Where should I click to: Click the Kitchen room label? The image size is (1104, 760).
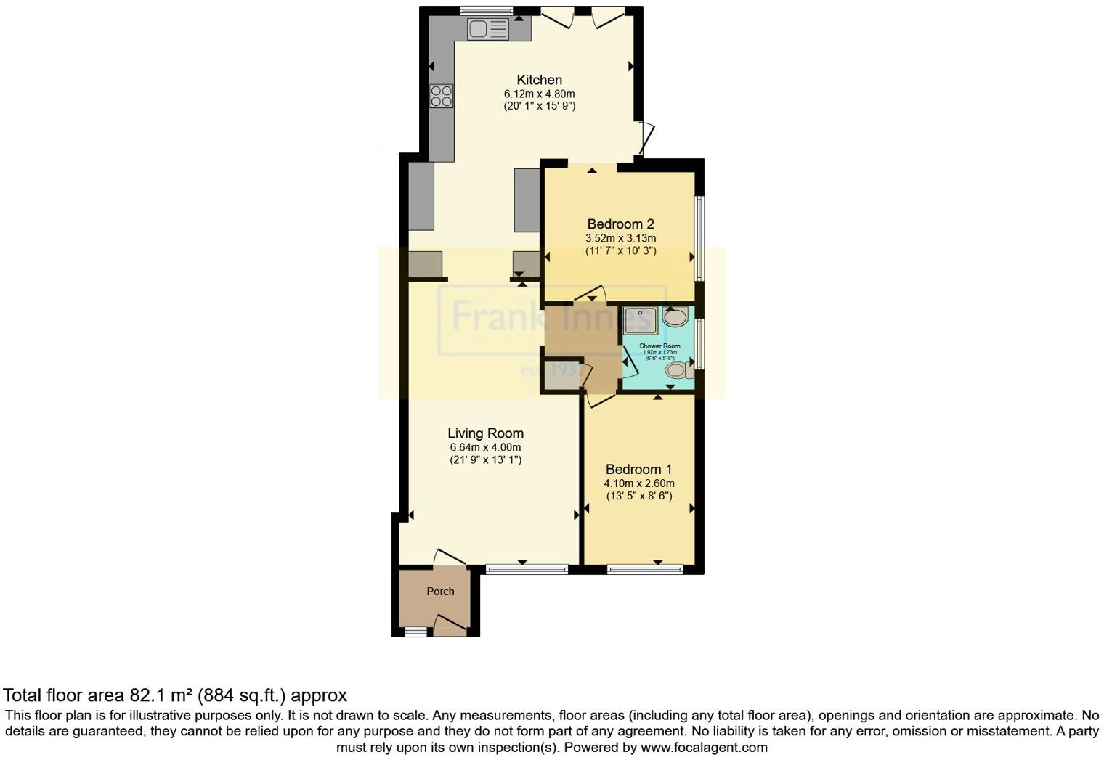pos(539,80)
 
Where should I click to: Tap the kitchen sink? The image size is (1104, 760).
pos(488,29)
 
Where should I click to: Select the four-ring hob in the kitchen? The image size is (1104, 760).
pos(442,96)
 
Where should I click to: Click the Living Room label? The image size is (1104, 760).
pos(485,433)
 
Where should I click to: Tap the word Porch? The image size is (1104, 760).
pos(440,592)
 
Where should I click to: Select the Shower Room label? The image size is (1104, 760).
pos(659,346)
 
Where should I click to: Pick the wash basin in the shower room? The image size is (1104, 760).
pos(675,317)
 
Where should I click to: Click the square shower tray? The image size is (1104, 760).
pos(640,320)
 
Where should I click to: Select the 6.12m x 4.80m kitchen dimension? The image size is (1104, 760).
pos(539,94)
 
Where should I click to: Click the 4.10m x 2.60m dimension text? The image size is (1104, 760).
pos(639,483)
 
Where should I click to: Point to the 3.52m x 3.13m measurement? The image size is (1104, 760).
pos(620,238)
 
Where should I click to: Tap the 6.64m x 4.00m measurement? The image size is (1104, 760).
pos(485,447)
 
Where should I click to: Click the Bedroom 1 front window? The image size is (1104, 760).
pos(645,570)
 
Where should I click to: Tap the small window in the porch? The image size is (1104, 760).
pos(416,632)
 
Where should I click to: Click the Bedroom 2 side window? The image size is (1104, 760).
pos(699,237)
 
